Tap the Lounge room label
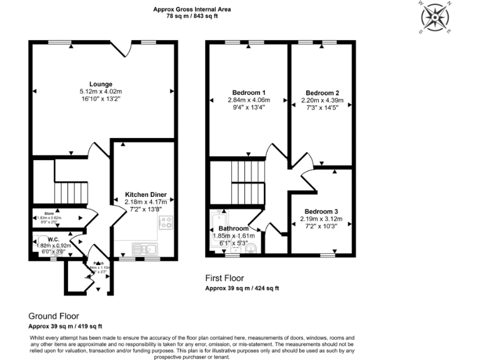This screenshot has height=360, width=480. pos(100,84)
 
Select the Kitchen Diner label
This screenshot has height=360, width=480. pos(145,194)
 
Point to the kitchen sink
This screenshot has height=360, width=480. pos(147,249)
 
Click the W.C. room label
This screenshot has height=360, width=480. pos(53,239)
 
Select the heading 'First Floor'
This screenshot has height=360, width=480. pos(225,278)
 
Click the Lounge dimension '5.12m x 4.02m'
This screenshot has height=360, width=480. pos(101,91)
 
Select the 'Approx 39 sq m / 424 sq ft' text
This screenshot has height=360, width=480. pos(242,288)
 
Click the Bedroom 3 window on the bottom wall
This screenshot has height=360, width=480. pos(328,255)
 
